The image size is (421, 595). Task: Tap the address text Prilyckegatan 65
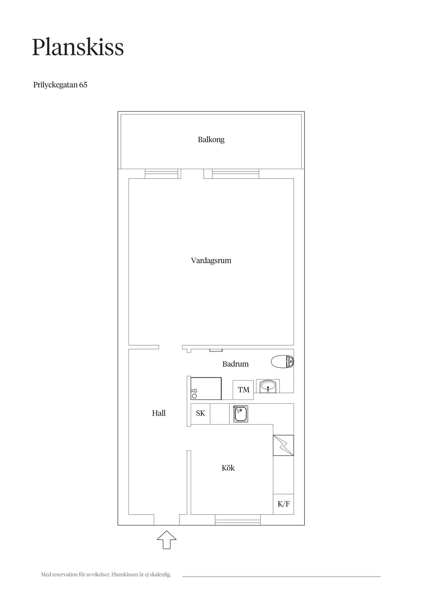(60, 85)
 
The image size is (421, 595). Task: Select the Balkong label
(211, 140)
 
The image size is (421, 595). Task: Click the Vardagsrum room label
(211, 260)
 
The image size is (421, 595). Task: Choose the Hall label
(159, 413)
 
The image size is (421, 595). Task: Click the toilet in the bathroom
(282, 361)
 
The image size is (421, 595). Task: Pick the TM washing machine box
(243, 390)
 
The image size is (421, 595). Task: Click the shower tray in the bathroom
(206, 388)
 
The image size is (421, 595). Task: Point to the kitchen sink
(241, 414)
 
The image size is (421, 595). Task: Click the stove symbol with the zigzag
(284, 445)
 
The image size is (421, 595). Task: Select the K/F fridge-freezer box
(284, 504)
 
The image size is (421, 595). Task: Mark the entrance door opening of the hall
(167, 520)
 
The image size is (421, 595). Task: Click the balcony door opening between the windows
(192, 174)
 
